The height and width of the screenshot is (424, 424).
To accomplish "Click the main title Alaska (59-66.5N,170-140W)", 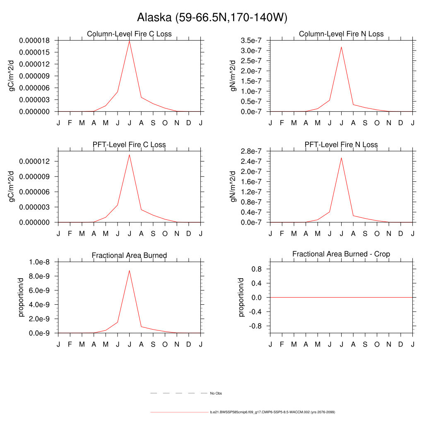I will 212,17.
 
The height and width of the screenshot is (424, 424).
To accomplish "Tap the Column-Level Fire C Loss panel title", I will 129,34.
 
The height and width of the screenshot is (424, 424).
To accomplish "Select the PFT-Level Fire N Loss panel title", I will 341,145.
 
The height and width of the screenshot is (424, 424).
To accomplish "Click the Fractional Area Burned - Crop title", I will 341,254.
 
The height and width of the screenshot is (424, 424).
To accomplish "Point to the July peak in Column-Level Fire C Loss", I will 129,41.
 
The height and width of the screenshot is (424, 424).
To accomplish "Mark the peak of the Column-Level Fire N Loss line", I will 341,47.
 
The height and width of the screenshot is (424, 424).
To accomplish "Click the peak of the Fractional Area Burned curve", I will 129,270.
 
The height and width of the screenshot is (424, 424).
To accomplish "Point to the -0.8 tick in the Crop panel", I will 258,326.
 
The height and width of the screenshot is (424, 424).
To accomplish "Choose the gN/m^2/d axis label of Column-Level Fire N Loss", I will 234,76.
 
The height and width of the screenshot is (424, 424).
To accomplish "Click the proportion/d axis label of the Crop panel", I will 242,297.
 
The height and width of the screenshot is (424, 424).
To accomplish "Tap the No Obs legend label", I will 216,393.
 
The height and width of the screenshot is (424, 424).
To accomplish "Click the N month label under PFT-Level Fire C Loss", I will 177,234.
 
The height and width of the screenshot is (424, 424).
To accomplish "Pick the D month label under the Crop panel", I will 400,344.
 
